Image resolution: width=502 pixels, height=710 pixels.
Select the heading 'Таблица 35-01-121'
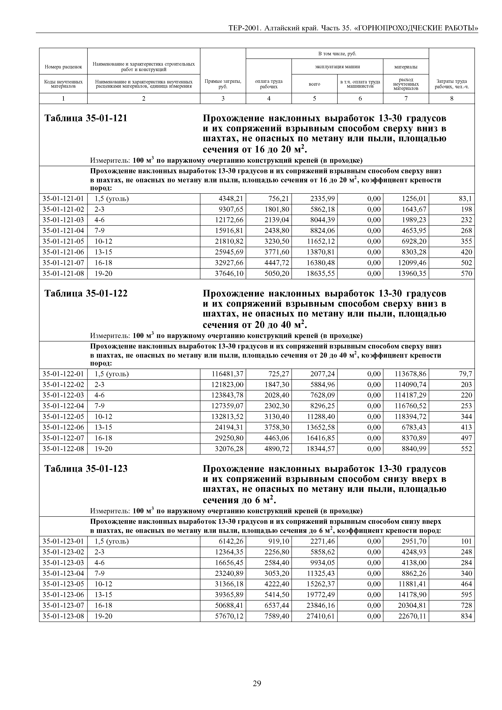[86, 118]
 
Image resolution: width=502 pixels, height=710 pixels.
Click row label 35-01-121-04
[63, 231]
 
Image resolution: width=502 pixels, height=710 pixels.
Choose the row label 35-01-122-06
[63, 427]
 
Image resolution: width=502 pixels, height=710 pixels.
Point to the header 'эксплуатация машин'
[337, 66]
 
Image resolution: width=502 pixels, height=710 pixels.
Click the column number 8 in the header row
[452, 99]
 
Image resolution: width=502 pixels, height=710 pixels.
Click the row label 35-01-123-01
[63, 541]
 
